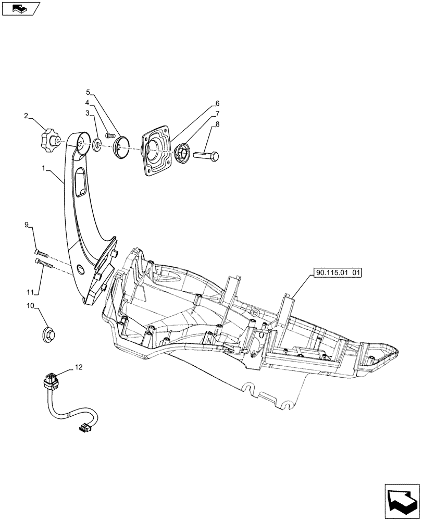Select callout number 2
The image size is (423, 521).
(26, 115)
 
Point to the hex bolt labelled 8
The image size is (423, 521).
(207, 155)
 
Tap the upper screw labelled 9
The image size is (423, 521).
(42, 255)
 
